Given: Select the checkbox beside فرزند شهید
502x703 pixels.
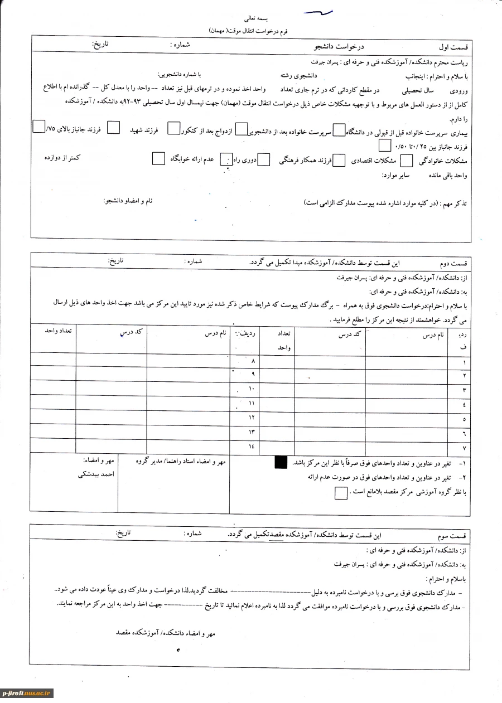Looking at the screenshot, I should point(113,128).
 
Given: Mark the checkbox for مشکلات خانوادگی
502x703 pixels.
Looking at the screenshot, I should point(407,161).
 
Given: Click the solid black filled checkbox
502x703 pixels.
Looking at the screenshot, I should point(281,462).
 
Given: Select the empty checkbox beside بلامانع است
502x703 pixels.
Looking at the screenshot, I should point(340,493).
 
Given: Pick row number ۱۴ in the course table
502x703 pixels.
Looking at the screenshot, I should point(251,447).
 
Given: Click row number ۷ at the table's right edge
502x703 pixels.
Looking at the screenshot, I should point(464,447).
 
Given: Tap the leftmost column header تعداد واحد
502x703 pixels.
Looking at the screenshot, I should point(60,331).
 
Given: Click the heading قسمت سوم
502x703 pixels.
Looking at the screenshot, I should point(454,536).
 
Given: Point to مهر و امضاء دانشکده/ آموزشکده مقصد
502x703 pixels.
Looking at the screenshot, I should point(165,634).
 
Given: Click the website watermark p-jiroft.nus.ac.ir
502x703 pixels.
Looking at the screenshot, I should point(27,693).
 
